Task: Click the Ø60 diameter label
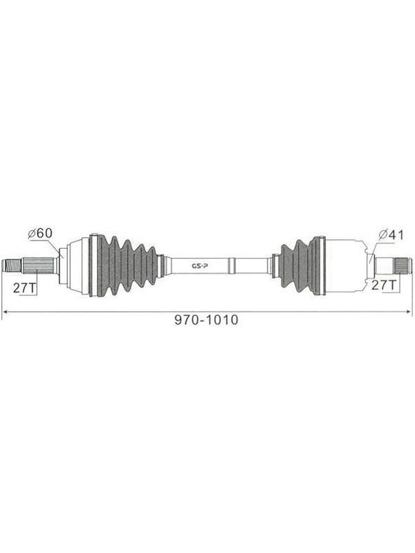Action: tap(40, 233)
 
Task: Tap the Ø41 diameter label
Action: tap(391, 234)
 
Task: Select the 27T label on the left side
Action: tap(25, 288)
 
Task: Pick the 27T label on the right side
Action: tap(384, 285)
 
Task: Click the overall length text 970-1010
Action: tap(206, 320)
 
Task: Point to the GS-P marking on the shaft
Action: tap(200, 266)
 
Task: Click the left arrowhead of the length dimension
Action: tap(5, 312)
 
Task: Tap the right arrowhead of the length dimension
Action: tap(409, 312)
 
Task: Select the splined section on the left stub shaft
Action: tap(37, 265)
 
